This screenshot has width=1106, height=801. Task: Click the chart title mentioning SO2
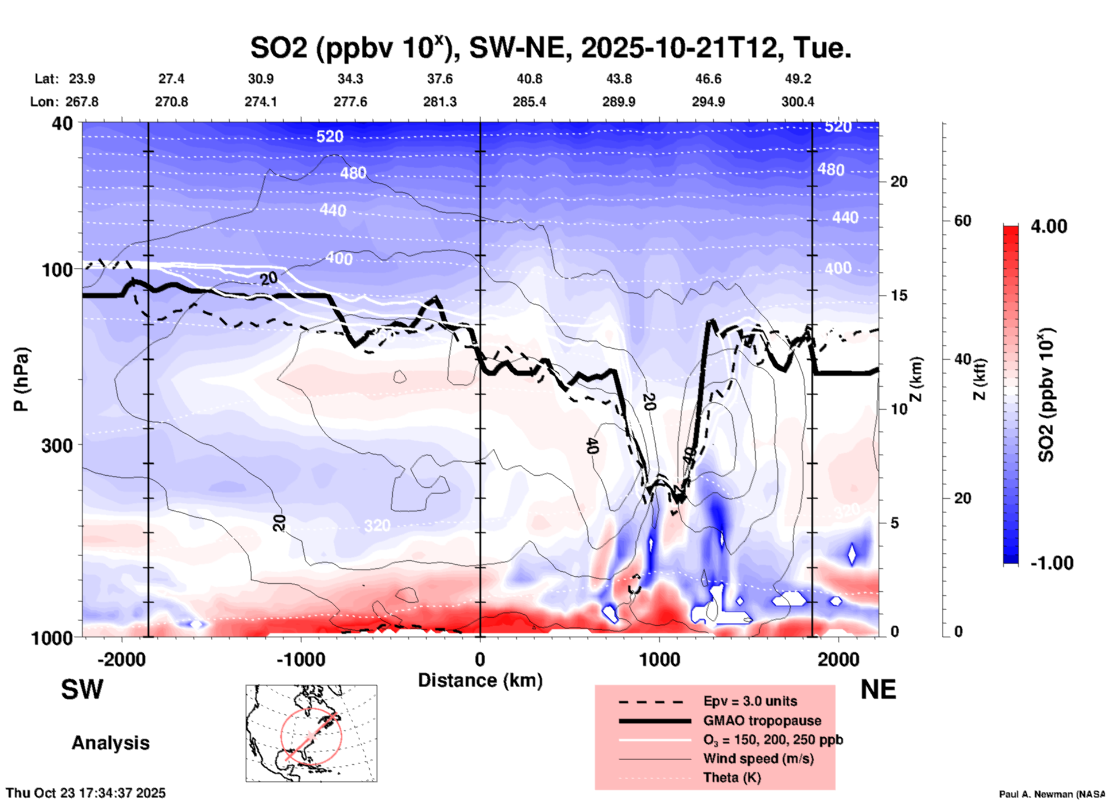coord(550,48)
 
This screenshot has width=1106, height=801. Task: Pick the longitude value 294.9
coord(708,102)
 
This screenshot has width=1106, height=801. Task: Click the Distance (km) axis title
coord(480,680)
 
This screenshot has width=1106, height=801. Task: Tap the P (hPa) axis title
coord(21,379)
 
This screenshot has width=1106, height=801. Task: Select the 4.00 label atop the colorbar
coord(1049,226)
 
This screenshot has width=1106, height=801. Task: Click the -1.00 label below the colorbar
coord(1051,563)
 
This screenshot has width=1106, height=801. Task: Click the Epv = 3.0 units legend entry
coord(750,701)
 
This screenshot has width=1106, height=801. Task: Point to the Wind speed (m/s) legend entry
coord(758,758)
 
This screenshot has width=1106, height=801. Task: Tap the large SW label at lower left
coord(82,690)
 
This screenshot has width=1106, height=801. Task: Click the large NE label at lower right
coord(878,690)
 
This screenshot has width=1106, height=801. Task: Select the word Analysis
coord(110,743)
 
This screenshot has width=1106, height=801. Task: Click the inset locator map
coord(311,733)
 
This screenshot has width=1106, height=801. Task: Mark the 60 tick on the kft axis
coord(962,221)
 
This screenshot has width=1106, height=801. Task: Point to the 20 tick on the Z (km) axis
coord(899,182)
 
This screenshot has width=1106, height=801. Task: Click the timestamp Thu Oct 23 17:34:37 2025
coord(86,793)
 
